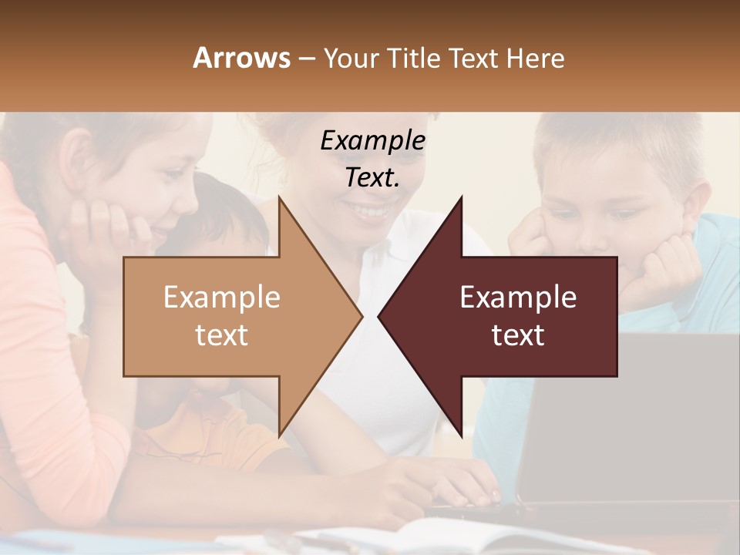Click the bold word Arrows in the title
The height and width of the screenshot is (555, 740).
[242, 58]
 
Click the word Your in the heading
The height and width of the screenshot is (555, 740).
[350, 59]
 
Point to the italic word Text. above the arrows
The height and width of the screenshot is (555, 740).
[373, 178]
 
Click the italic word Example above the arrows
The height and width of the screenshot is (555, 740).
[373, 141]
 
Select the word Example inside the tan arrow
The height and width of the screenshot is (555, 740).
[222, 298]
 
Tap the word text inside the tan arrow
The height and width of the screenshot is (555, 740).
[222, 335]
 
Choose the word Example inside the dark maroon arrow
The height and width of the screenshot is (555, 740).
[518, 298]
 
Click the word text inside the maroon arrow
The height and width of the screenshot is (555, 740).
[518, 335]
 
